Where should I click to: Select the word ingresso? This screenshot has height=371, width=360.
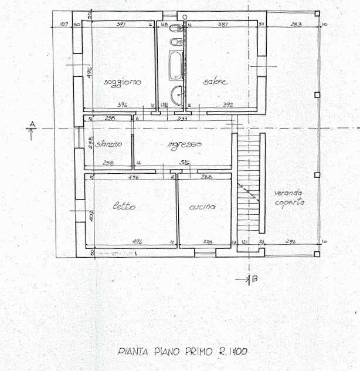pos(184,144)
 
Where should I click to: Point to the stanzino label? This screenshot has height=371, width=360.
pos(110,144)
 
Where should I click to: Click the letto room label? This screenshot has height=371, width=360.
pos(124,207)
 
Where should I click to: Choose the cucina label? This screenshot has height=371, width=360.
pos(203,207)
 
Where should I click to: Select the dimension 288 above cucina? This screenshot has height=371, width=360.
pos(206,176)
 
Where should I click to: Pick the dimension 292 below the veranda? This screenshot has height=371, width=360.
pos(290,241)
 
